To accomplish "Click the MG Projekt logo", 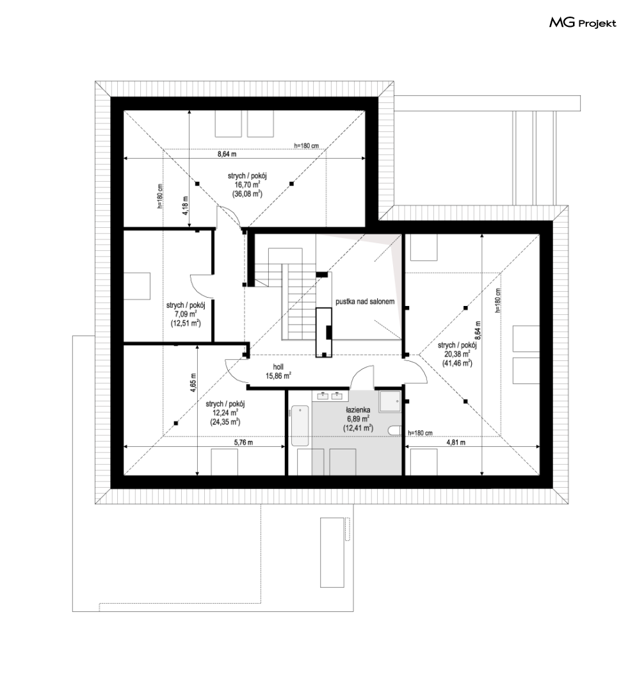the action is [x=583, y=22].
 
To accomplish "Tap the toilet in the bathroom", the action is [x=394, y=430].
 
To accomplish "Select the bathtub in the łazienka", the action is [x=300, y=426].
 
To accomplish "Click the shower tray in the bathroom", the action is [x=389, y=401].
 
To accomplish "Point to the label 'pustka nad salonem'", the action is [x=365, y=301].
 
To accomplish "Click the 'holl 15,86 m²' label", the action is [x=278, y=371].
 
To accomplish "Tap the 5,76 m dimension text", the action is [x=243, y=442].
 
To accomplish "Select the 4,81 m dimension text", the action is [x=456, y=442].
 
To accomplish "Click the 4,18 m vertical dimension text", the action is [x=185, y=205].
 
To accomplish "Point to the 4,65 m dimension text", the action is [x=193, y=383].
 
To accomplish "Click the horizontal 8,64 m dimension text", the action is [x=227, y=154].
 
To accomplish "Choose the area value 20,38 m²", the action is [x=457, y=354].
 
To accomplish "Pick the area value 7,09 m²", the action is [x=186, y=314].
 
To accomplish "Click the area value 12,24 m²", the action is [x=225, y=412].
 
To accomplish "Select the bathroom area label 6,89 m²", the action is [x=358, y=419].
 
